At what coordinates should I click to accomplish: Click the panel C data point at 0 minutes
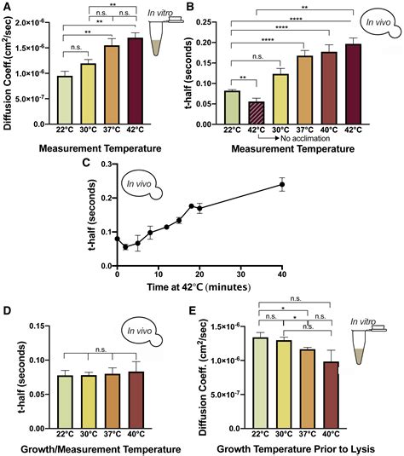(x=118, y=239)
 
